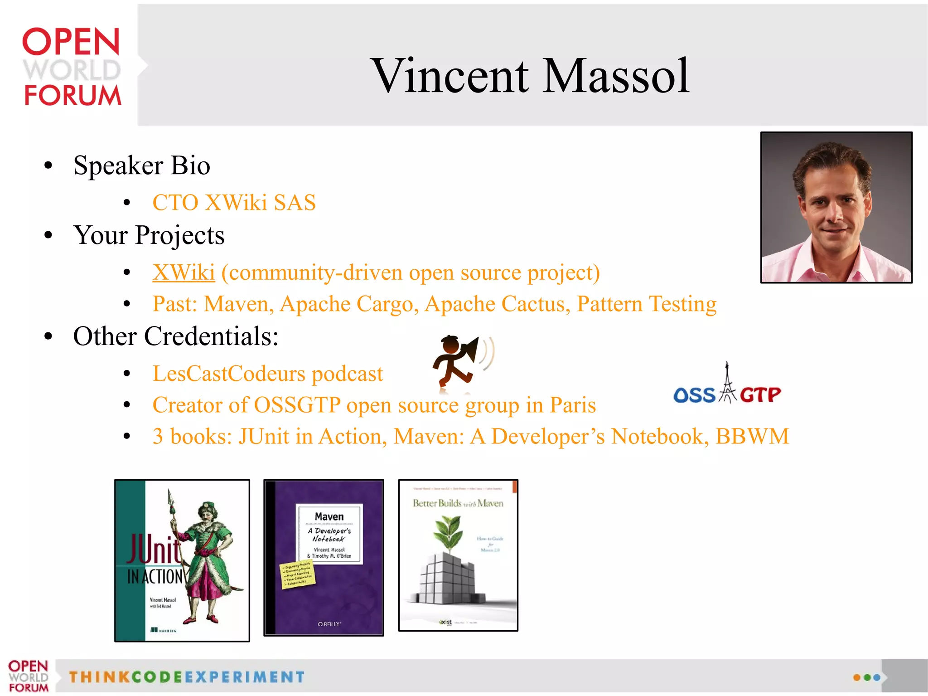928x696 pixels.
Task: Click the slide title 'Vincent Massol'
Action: [530, 76]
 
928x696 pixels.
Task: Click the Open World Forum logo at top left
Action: [72, 67]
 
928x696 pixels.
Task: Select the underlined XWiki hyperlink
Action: [184, 273]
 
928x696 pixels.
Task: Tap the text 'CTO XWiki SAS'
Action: [234, 203]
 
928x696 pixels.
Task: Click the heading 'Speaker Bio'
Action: [141, 165]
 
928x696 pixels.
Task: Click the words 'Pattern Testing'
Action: [647, 304]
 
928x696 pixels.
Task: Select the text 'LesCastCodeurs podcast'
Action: [267, 374]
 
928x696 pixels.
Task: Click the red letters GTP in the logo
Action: [760, 395]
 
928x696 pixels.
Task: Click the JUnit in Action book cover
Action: [182, 560]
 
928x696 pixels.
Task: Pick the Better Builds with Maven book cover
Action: [458, 555]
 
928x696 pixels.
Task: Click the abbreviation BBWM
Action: [752, 436]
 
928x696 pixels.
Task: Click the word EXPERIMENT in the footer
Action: [245, 677]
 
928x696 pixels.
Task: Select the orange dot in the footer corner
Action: [856, 677]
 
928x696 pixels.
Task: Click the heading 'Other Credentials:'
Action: [176, 336]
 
